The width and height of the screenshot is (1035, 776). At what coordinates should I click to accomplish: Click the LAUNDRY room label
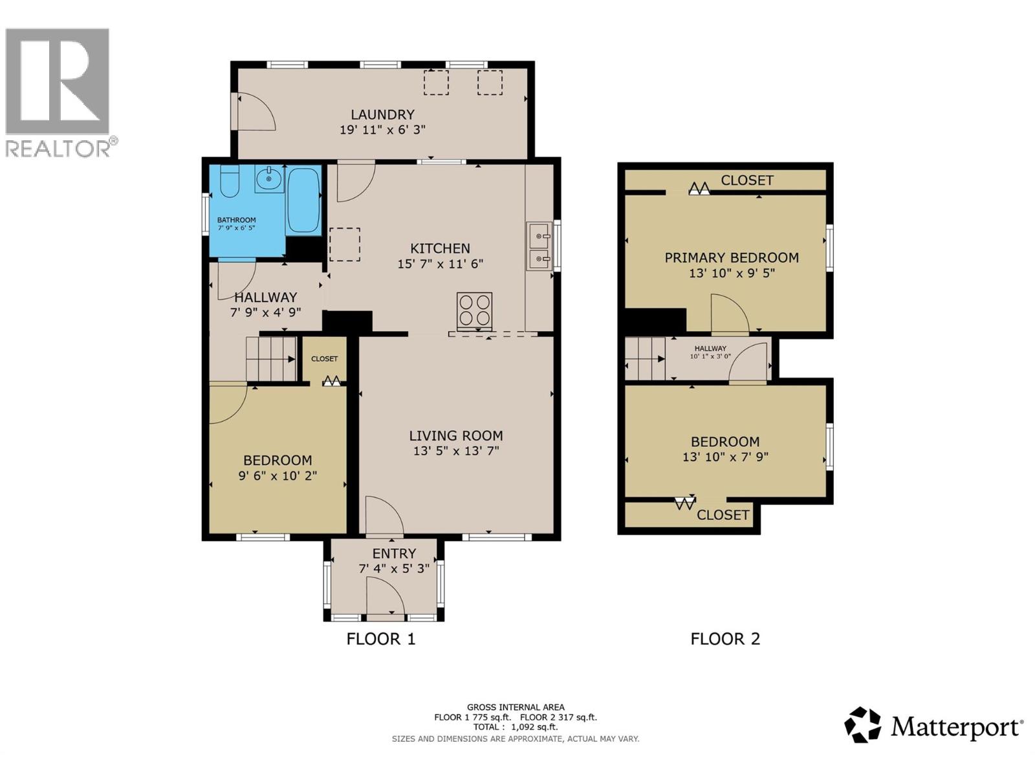click(x=382, y=114)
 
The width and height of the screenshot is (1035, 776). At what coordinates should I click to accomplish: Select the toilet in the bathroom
click(x=230, y=182)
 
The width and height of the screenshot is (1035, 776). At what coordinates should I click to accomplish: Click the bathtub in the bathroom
click(x=303, y=200)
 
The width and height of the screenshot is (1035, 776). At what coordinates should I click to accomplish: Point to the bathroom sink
click(x=268, y=178)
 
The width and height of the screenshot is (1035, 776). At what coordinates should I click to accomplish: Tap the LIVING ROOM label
click(x=455, y=436)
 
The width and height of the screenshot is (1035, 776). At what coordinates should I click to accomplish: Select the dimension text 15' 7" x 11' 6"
click(x=440, y=264)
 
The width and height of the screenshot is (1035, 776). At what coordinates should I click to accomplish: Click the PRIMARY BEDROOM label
click(x=731, y=257)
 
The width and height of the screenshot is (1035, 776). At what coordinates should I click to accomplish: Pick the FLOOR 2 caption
click(x=725, y=639)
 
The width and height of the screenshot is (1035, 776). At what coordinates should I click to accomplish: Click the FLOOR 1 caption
click(x=380, y=639)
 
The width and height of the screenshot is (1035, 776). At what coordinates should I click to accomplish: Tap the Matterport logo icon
click(x=862, y=725)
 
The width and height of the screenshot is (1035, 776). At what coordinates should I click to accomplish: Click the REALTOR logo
click(x=58, y=91)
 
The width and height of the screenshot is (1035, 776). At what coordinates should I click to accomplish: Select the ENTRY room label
click(x=394, y=554)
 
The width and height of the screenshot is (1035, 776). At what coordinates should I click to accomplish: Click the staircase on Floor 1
click(x=270, y=359)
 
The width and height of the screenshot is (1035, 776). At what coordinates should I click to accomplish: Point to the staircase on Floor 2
click(x=645, y=359)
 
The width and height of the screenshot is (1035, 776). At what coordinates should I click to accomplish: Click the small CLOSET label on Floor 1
click(x=324, y=359)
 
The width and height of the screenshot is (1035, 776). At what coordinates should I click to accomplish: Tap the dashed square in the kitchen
click(x=345, y=244)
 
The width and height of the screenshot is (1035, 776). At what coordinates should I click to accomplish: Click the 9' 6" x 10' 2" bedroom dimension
click(x=278, y=476)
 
